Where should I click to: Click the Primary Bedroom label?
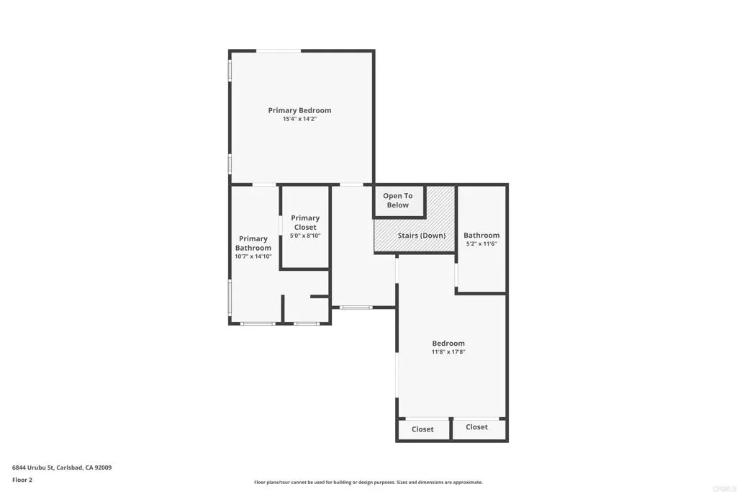tap(299, 110)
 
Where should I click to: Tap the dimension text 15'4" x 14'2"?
tap(299, 119)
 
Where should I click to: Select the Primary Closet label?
tap(305, 223)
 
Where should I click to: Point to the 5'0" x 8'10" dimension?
tap(305, 236)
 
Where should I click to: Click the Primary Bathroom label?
tap(253, 243)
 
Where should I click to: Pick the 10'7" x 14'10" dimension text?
tap(253, 256)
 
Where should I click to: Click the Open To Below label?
tap(397, 200)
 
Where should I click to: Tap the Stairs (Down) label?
tap(422, 236)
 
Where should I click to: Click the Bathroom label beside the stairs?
tap(481, 235)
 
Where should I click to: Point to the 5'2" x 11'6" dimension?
tap(481, 243)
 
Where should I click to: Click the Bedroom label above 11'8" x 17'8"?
tap(448, 343)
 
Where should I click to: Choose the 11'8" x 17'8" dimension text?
tap(448, 352)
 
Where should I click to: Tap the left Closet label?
tap(422, 429)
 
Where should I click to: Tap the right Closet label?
tap(476, 427)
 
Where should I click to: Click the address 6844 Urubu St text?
tap(62, 468)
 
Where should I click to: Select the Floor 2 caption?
tap(22, 480)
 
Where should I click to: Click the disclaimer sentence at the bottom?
tap(368, 483)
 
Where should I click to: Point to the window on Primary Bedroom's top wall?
tap(279, 50)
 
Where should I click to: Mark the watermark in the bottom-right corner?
tap(725, 485)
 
